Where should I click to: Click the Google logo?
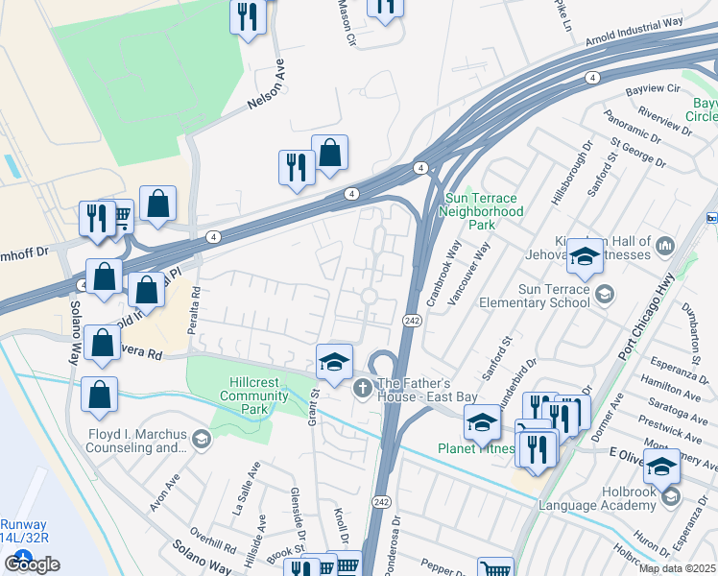(32, 564)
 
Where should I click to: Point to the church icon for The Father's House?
(362, 388)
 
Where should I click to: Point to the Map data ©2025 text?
(677, 568)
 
